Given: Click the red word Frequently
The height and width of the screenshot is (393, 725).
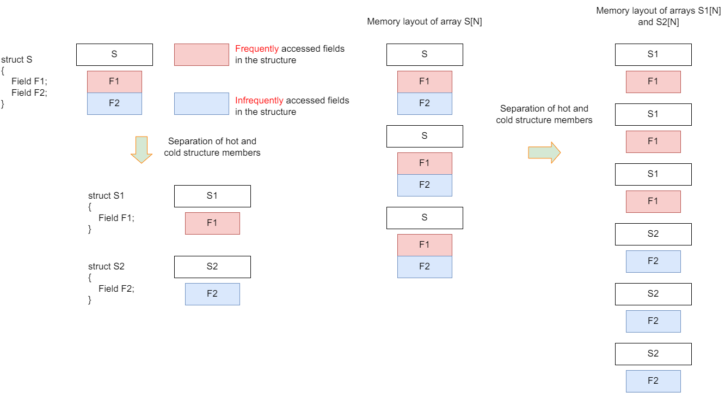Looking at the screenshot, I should [x=257, y=49].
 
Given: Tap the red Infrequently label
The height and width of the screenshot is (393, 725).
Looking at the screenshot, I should [x=259, y=101].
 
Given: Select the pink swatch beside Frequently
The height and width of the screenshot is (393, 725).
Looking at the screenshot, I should [x=201, y=55].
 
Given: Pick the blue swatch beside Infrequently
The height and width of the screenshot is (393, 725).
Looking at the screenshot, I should [x=201, y=103].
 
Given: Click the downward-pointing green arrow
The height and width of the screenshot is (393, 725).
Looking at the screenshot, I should [x=142, y=149].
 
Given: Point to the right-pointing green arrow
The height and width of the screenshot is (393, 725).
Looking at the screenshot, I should [x=544, y=152].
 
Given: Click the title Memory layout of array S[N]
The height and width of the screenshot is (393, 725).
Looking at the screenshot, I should [x=425, y=22].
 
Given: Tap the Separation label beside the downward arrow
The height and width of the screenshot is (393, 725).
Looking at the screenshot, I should [x=212, y=147].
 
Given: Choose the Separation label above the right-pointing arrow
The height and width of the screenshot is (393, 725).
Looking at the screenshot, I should [x=544, y=114].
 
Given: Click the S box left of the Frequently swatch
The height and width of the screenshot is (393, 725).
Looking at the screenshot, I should [x=114, y=55].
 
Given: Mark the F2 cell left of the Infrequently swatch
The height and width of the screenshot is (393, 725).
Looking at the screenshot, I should [x=114, y=103].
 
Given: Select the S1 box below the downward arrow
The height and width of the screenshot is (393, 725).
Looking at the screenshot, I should [x=212, y=196].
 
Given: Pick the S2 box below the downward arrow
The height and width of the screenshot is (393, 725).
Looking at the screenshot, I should [x=212, y=267].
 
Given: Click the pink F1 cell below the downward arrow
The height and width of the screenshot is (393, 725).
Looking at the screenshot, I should [x=212, y=223].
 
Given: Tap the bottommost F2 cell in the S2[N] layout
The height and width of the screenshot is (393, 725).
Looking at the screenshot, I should [x=653, y=381].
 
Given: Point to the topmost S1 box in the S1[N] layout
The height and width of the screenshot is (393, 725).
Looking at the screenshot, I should [x=653, y=55].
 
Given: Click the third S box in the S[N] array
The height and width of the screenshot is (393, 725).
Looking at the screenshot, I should [x=425, y=218].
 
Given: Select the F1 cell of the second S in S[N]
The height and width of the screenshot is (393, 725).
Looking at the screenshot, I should [x=425, y=163].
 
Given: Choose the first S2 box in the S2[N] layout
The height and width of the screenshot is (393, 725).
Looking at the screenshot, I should [x=653, y=234].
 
